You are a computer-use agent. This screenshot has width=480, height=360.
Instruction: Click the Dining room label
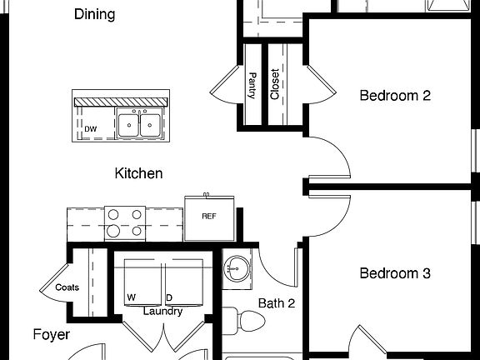click(94, 14)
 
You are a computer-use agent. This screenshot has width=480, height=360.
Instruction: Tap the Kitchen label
click(138, 174)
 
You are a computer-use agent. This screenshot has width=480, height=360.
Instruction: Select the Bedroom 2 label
click(394, 96)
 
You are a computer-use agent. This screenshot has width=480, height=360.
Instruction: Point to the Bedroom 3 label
click(394, 273)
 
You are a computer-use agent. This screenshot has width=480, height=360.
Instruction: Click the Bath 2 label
click(276, 303)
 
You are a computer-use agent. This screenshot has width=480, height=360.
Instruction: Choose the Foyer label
click(51, 335)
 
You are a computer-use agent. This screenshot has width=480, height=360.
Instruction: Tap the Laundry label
click(162, 312)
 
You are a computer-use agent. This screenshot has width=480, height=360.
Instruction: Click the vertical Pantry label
click(252, 86)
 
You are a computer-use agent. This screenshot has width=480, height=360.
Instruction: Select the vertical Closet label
click(275, 84)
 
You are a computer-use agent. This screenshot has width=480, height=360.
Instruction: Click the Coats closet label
click(67, 288)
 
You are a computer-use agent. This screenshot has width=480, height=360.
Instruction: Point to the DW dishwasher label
click(89, 129)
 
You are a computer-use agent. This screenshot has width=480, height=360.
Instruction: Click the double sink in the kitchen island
click(139, 124)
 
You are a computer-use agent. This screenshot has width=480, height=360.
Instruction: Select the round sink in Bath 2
click(237, 268)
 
